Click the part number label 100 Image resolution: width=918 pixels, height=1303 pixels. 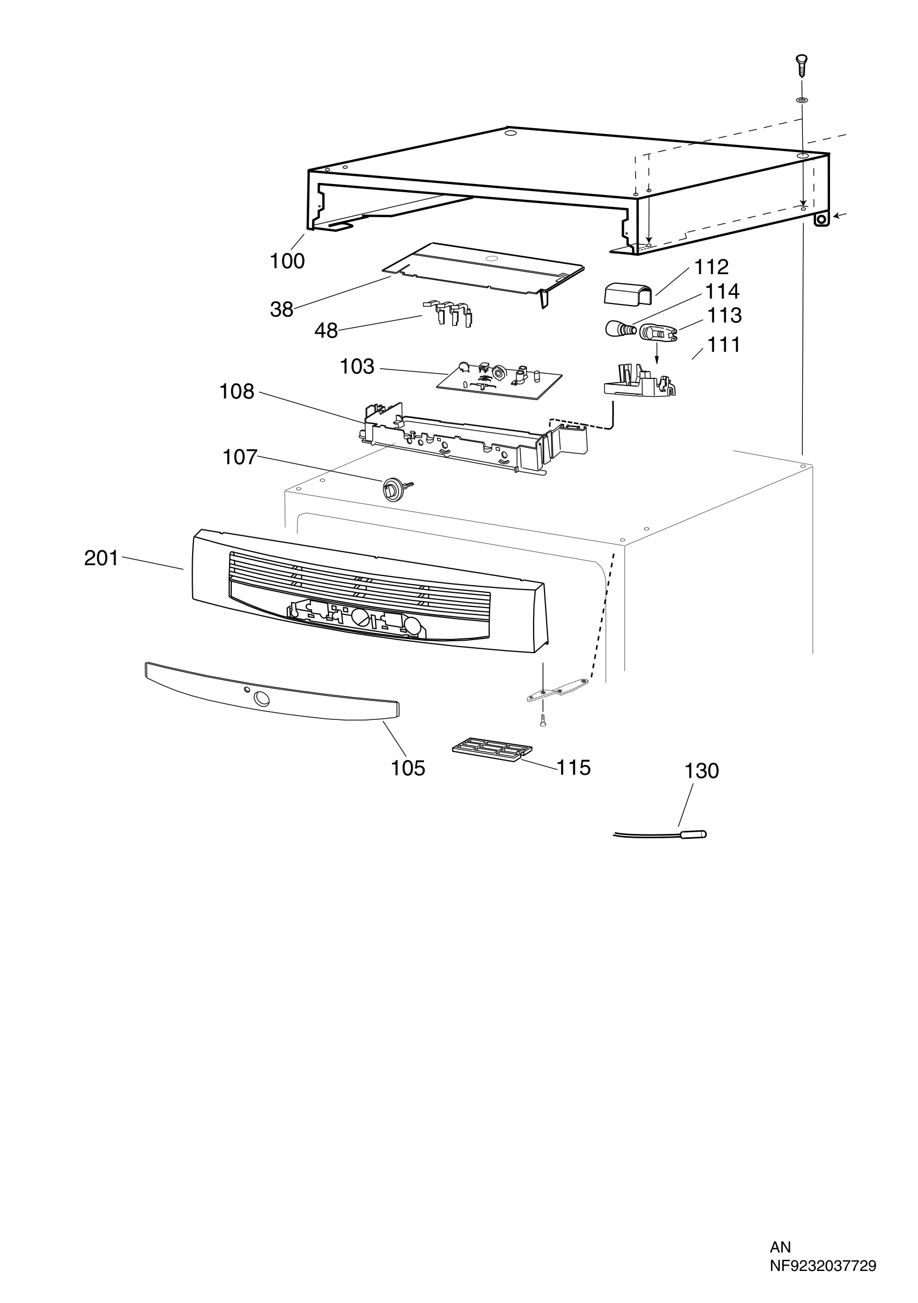click(x=287, y=261)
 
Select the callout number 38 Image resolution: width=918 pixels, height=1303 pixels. click(x=281, y=309)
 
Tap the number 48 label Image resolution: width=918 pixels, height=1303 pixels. click(x=326, y=330)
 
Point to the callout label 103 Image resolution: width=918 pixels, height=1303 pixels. click(x=357, y=366)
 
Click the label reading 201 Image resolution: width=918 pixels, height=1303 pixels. click(x=102, y=559)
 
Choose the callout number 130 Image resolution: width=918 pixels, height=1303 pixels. click(x=702, y=771)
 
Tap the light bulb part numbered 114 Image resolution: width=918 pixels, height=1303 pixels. click(x=619, y=328)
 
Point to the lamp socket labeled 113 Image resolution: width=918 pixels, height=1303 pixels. click(x=659, y=333)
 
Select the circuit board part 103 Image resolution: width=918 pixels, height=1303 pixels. click(x=499, y=380)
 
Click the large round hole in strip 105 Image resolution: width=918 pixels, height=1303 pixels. click(x=262, y=699)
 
